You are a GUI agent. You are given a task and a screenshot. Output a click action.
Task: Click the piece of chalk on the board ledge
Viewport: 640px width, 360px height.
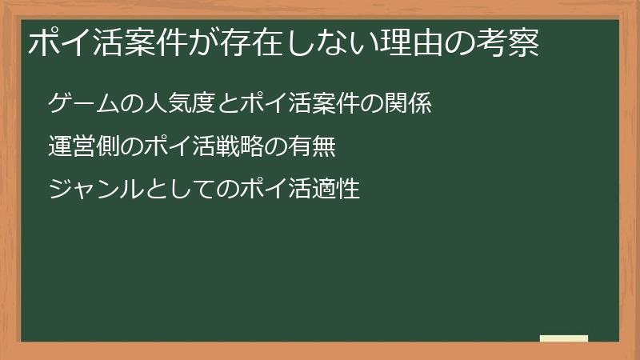(564, 338)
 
